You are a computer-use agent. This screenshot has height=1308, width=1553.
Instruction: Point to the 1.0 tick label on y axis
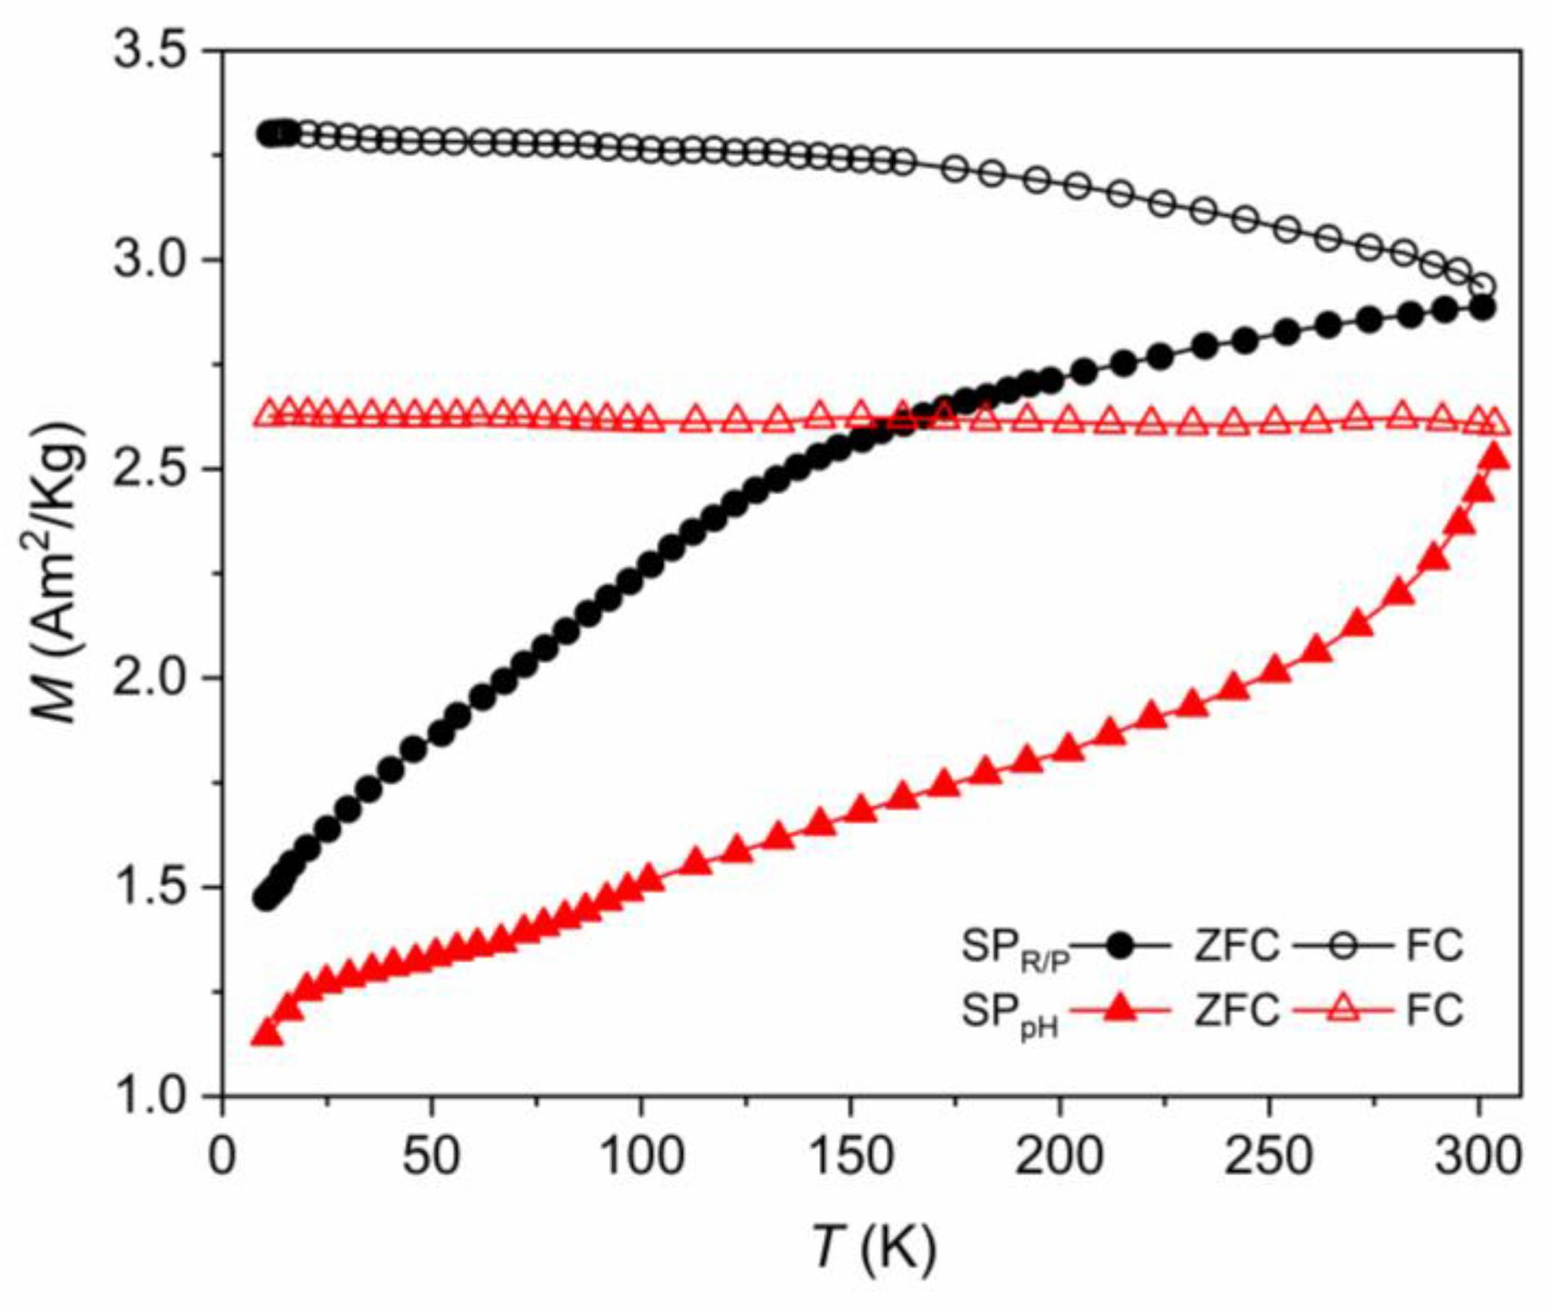(x=149, y=1095)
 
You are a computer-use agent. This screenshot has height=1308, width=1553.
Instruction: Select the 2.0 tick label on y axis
(x=149, y=677)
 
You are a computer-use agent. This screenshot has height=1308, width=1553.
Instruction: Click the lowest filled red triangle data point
(x=267, y=1033)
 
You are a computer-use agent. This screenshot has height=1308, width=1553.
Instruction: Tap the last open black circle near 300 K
(x=1482, y=286)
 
